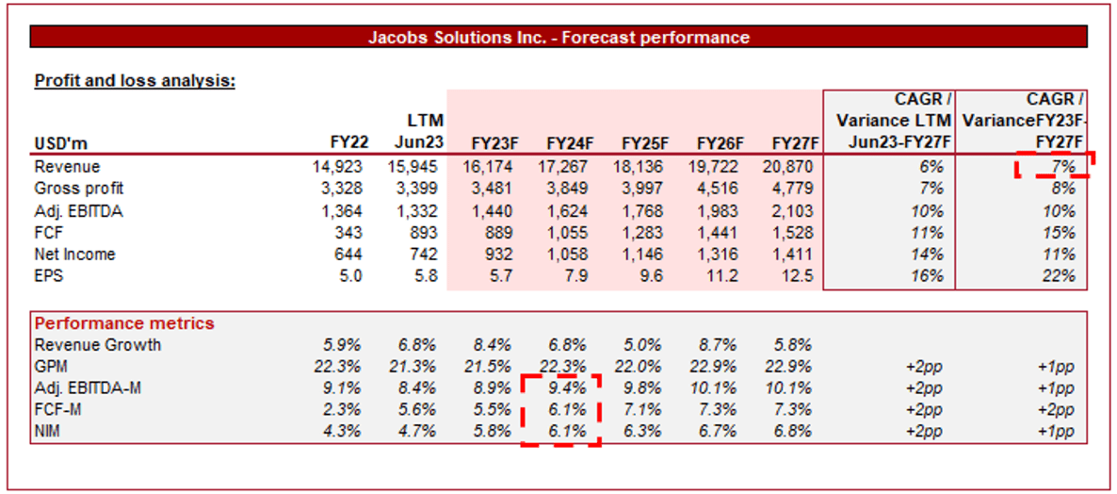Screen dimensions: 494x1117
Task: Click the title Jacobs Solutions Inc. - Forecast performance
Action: pyautogui.click(x=558, y=38)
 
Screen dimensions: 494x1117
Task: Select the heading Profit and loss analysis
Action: pyautogui.click(x=135, y=80)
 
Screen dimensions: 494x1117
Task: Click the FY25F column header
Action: pyautogui.click(x=645, y=143)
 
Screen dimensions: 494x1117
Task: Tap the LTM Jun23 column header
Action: pyautogui.click(x=418, y=132)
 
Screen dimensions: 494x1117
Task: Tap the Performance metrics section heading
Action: pyautogui.click(x=124, y=323)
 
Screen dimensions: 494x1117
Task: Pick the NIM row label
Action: pyautogui.click(x=50, y=432)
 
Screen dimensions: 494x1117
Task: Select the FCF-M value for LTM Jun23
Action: pyautogui.click(x=418, y=410)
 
